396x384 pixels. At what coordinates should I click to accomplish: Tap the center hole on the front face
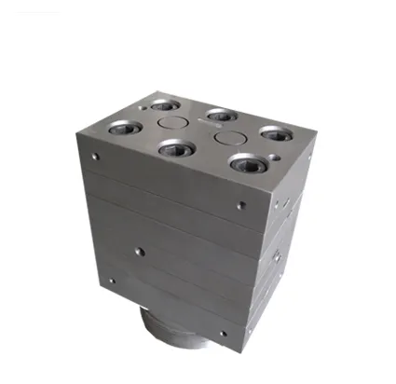139,250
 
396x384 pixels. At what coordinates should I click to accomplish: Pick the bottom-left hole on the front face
111,280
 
